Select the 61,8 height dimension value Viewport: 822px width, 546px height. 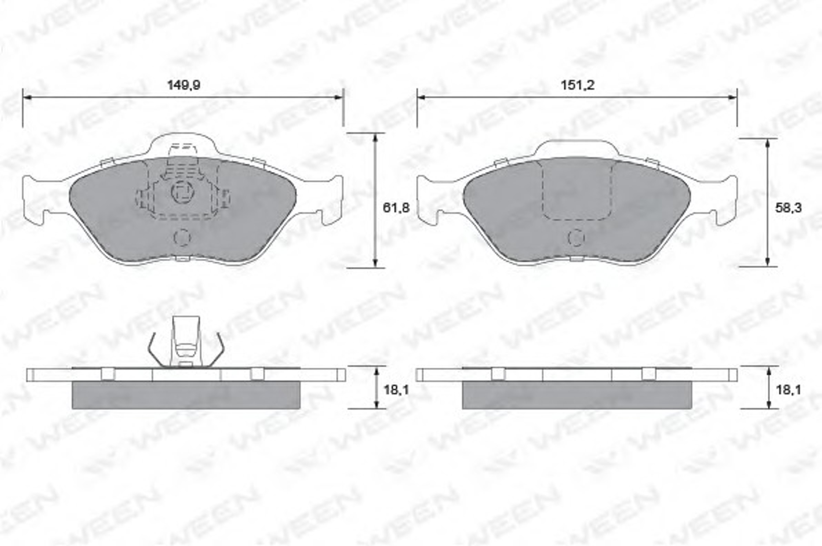(396, 208)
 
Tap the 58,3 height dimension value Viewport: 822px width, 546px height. (788, 208)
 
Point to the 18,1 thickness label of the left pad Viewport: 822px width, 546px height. (396, 390)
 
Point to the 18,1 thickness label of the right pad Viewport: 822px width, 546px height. (789, 390)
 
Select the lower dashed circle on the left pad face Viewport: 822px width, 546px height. (182, 238)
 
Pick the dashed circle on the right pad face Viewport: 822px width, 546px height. (576, 238)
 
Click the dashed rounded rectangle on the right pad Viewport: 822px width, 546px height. (578, 191)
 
